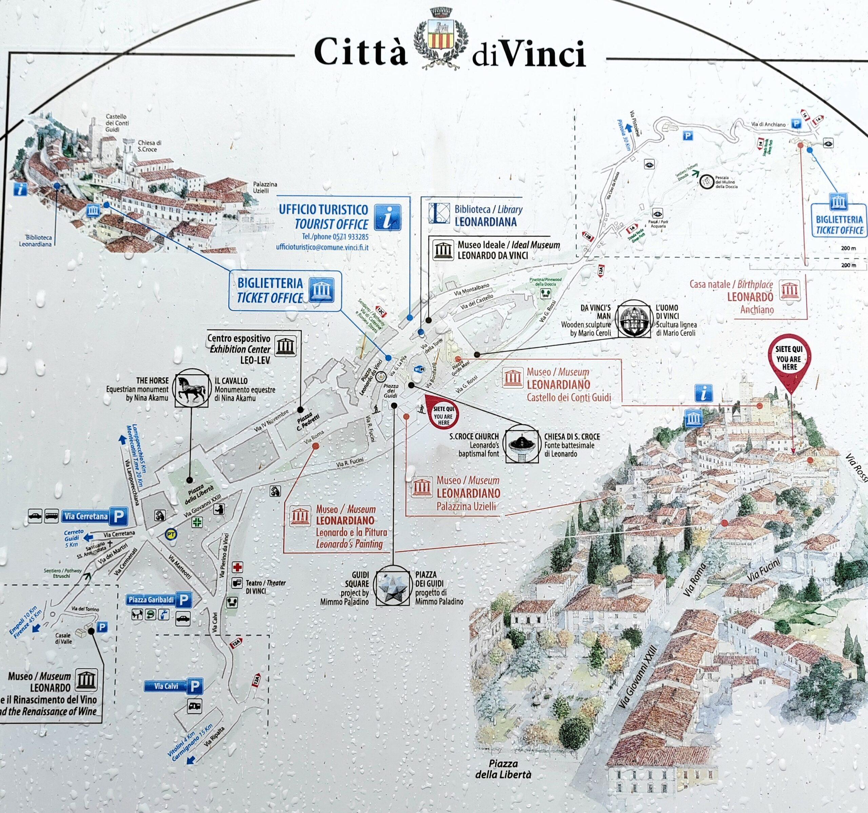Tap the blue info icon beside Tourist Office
point(388,217)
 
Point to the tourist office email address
point(322,247)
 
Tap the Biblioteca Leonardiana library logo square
point(439,214)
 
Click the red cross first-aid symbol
point(237,568)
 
